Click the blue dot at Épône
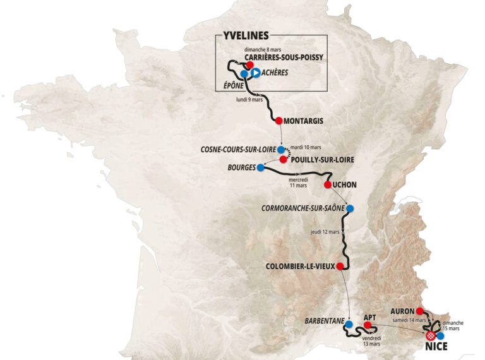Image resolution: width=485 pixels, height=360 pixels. pyautogui.click(x=244, y=75)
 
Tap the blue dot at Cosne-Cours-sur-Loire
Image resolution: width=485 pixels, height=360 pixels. pyautogui.click(x=281, y=150)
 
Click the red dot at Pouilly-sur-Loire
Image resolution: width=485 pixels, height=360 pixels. pyautogui.click(x=284, y=160)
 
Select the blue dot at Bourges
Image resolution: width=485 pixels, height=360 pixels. pyautogui.click(x=260, y=168)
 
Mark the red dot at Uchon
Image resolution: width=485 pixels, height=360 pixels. pyautogui.click(x=327, y=184)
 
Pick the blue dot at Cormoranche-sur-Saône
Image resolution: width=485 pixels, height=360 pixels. pyautogui.click(x=350, y=208)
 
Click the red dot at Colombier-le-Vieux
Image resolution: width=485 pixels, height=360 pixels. pyautogui.click(x=340, y=266)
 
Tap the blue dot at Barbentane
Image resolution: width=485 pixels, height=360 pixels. pyautogui.click(x=348, y=324)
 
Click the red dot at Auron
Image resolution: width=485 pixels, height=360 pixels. pyautogui.click(x=419, y=311)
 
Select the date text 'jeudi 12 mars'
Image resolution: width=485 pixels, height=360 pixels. pyautogui.click(x=325, y=232)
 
